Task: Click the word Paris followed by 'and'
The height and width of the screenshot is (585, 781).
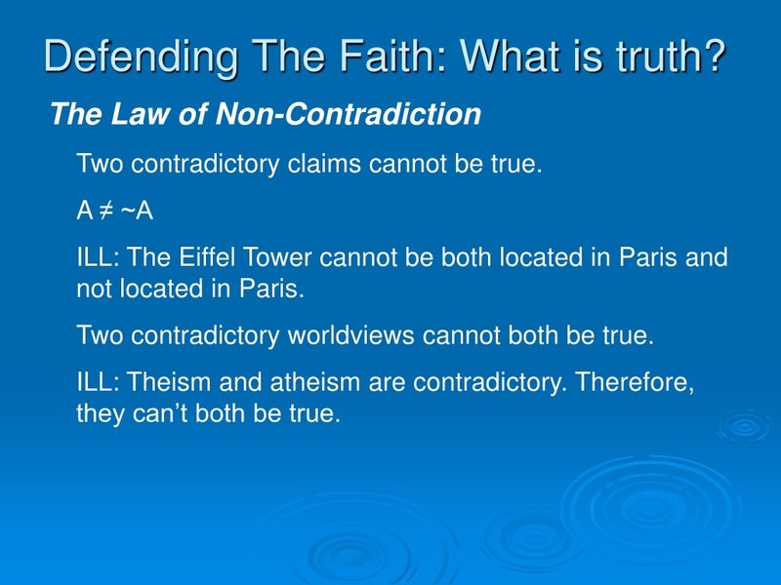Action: (x=648, y=258)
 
